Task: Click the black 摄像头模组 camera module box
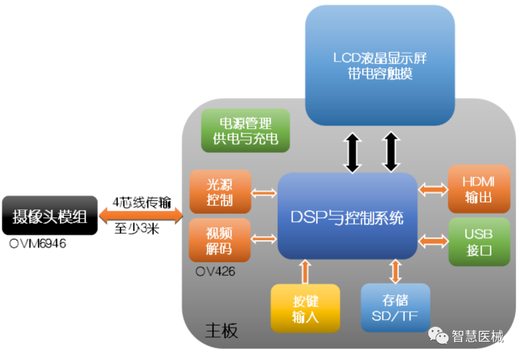tap(49, 216)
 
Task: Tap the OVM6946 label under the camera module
tap(38, 244)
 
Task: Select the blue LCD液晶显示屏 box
tap(380, 65)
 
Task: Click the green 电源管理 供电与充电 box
tap(246, 130)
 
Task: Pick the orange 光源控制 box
tap(220, 192)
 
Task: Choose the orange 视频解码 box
tap(219, 240)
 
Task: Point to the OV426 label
tap(215, 272)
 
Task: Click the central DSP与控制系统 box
tap(347, 217)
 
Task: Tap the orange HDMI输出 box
tap(479, 189)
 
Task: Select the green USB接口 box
tap(479, 241)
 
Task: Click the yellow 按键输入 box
tap(305, 308)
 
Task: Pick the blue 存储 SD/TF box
tap(395, 307)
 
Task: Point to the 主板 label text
tap(221, 331)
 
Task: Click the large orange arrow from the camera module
tap(141, 216)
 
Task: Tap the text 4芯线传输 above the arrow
tap(142, 202)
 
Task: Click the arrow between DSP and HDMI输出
tap(433, 189)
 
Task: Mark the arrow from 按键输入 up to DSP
tap(305, 272)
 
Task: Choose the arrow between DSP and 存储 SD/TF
tap(396, 271)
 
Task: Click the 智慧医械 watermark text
tap(478, 335)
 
